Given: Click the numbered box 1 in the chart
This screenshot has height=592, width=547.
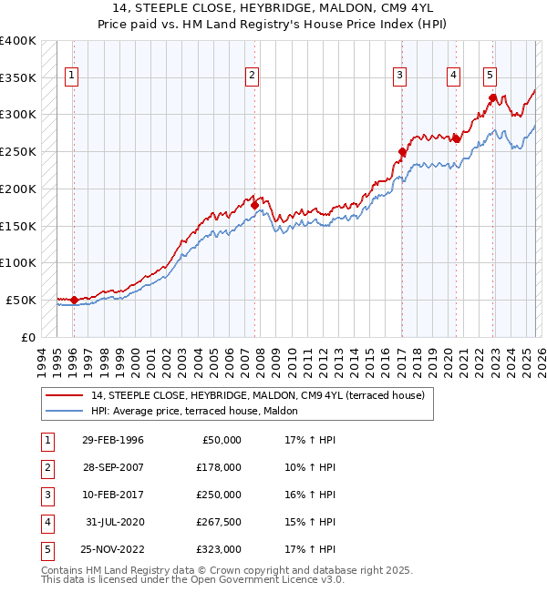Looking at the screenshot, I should pos(71,76).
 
